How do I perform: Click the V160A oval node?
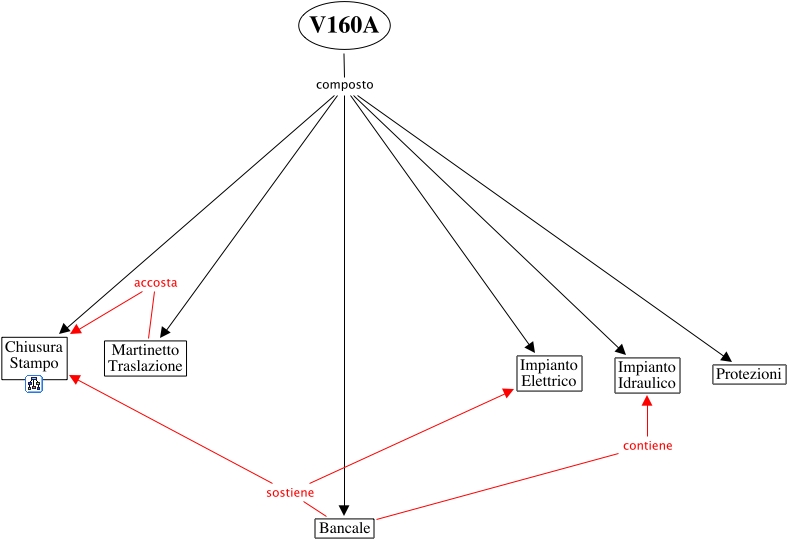coord(344,26)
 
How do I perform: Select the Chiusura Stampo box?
coord(35,356)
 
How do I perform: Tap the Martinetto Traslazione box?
coord(146,358)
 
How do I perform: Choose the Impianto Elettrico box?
coord(548,373)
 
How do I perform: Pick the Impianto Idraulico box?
coord(646,375)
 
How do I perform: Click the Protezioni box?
coord(749,374)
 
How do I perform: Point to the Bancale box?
coord(345,528)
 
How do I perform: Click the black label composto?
coord(345,84)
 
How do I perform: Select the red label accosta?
coord(156,283)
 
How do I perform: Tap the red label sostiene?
coord(290,493)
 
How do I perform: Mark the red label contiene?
coord(647,445)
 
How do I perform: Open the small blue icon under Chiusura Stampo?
coord(34,384)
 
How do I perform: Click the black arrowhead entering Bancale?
coord(345,511)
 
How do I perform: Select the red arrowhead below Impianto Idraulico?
coord(646,400)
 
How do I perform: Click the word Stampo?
coord(35,363)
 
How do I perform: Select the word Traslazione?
coord(146,366)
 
